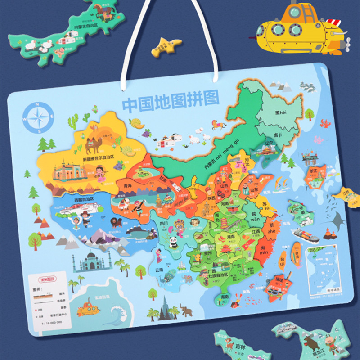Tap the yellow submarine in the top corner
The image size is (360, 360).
point(300,30)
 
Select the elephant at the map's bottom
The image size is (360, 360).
point(186,309)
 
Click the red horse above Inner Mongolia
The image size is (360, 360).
point(219,123)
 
